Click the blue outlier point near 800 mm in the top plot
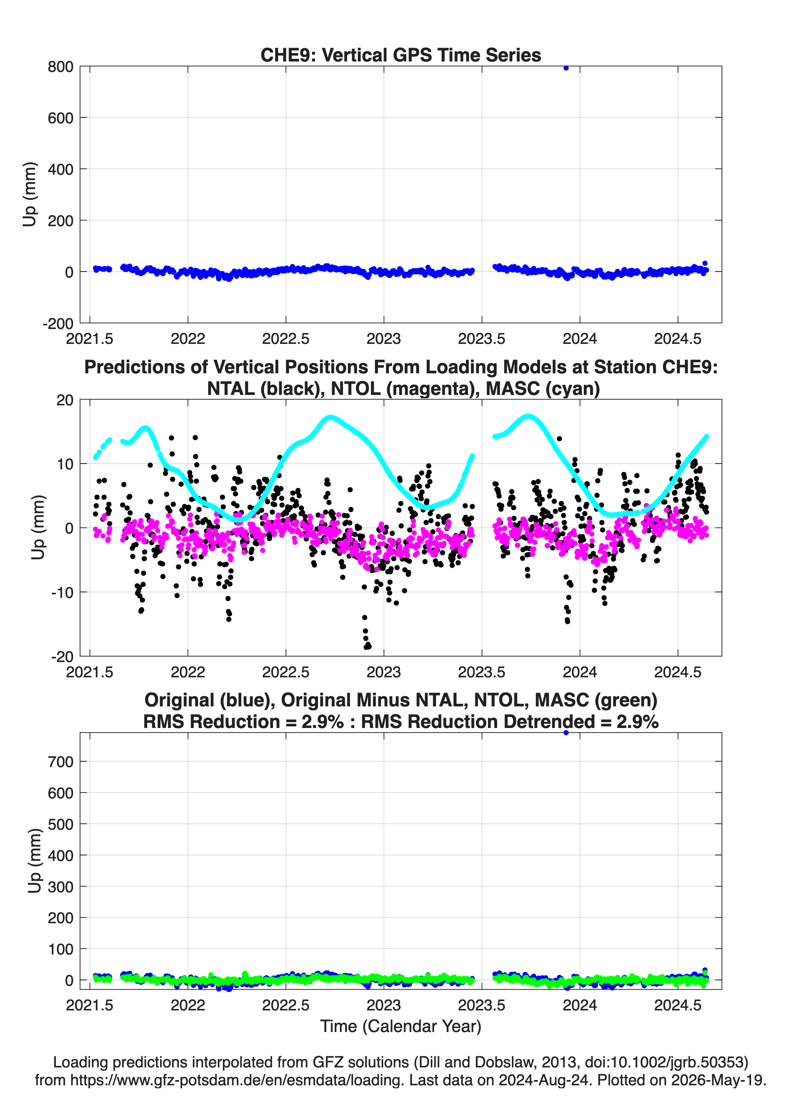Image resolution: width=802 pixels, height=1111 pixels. click(566, 68)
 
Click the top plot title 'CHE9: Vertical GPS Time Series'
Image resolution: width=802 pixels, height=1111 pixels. click(401, 55)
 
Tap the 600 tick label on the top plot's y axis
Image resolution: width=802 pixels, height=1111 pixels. click(61, 118)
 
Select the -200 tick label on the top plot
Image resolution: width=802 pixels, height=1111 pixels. click(58, 324)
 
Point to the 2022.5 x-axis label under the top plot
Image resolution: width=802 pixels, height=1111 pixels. click(286, 339)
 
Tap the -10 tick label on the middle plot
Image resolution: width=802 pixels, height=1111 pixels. click(62, 593)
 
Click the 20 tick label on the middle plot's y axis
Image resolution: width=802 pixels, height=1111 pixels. click(65, 400)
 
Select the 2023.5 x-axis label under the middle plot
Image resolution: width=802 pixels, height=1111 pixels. click(482, 672)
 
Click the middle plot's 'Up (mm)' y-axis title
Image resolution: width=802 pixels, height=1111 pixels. click(38, 528)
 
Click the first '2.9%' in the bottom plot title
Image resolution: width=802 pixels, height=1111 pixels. click(323, 722)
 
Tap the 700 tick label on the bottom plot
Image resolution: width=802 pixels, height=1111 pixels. click(61, 762)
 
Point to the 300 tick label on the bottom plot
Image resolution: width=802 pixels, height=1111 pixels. click(61, 887)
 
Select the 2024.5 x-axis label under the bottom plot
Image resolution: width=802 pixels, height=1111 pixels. click(678, 1005)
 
